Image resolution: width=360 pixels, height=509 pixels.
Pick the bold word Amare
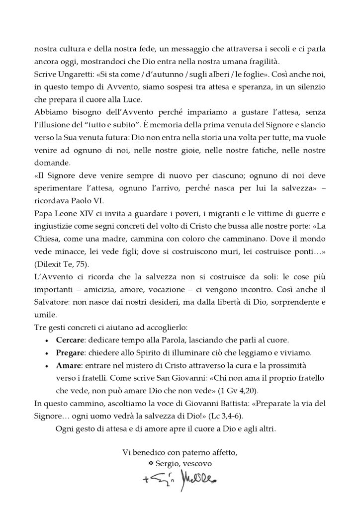pos(68,366)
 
